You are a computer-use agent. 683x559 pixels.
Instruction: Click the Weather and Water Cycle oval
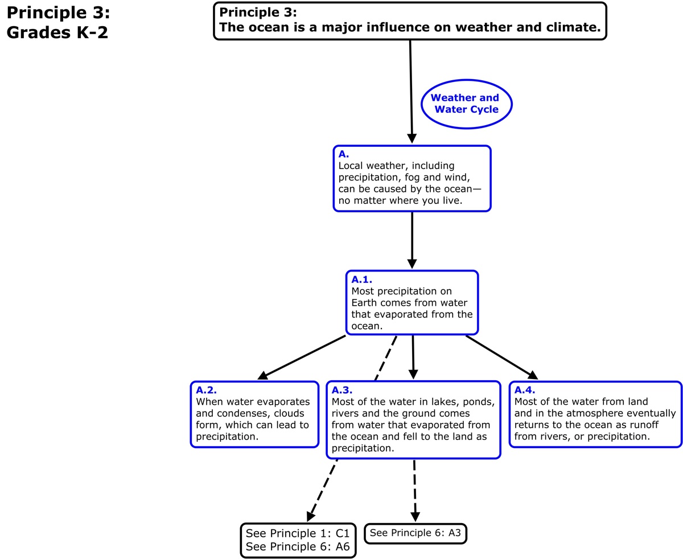(x=466, y=104)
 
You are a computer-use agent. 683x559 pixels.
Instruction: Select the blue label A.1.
(x=361, y=279)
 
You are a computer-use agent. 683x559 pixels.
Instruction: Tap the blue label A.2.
(x=206, y=390)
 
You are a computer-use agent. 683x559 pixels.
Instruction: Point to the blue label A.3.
(x=342, y=390)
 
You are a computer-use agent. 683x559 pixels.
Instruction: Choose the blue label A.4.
(x=525, y=390)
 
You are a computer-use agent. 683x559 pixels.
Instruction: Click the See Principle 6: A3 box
(x=415, y=533)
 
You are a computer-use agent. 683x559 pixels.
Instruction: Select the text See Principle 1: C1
(x=297, y=533)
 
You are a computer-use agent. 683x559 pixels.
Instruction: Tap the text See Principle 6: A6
(x=297, y=547)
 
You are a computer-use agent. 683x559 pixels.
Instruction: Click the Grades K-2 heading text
(x=57, y=32)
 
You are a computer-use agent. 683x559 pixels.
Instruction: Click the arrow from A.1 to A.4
(x=501, y=357)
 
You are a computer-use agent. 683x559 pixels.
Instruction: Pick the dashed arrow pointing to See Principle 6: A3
(x=415, y=490)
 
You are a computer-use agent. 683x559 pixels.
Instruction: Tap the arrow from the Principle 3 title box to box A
(x=411, y=91)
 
